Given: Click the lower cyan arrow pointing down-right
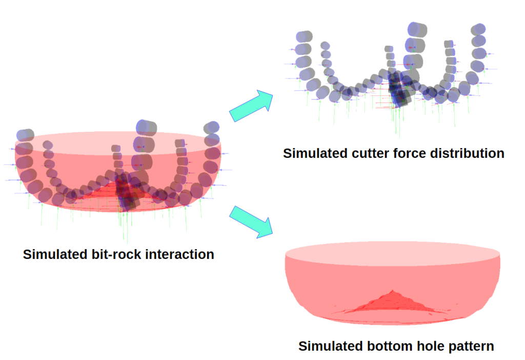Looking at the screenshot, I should pyautogui.click(x=252, y=221).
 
